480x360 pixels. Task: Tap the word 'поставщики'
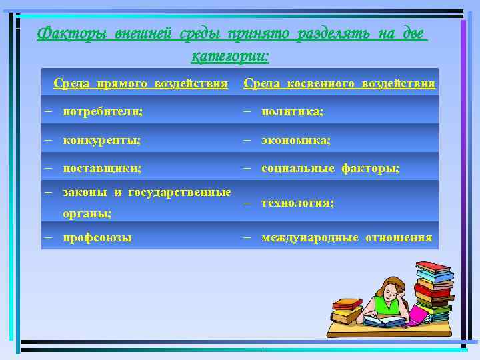click(x=101, y=169)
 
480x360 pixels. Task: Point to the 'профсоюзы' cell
click(x=97, y=237)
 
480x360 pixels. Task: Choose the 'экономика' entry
click(x=295, y=141)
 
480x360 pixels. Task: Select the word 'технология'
click(x=297, y=203)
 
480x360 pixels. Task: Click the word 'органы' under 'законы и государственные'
click(x=86, y=213)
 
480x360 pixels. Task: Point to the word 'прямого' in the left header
click(x=124, y=84)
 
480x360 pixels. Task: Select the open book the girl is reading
click(x=383, y=321)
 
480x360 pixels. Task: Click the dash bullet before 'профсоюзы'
click(x=49, y=237)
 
